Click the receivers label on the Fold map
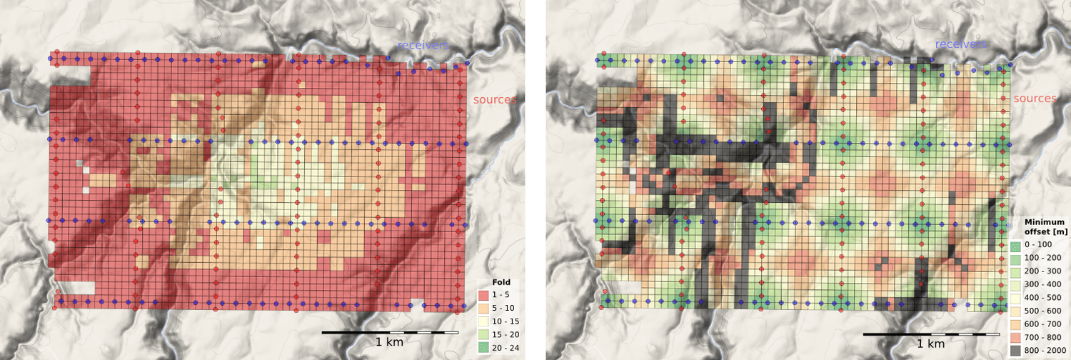423,45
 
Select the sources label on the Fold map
495,99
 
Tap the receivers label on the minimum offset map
961,44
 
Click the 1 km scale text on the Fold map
389,342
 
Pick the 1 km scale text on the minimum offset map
931,342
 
